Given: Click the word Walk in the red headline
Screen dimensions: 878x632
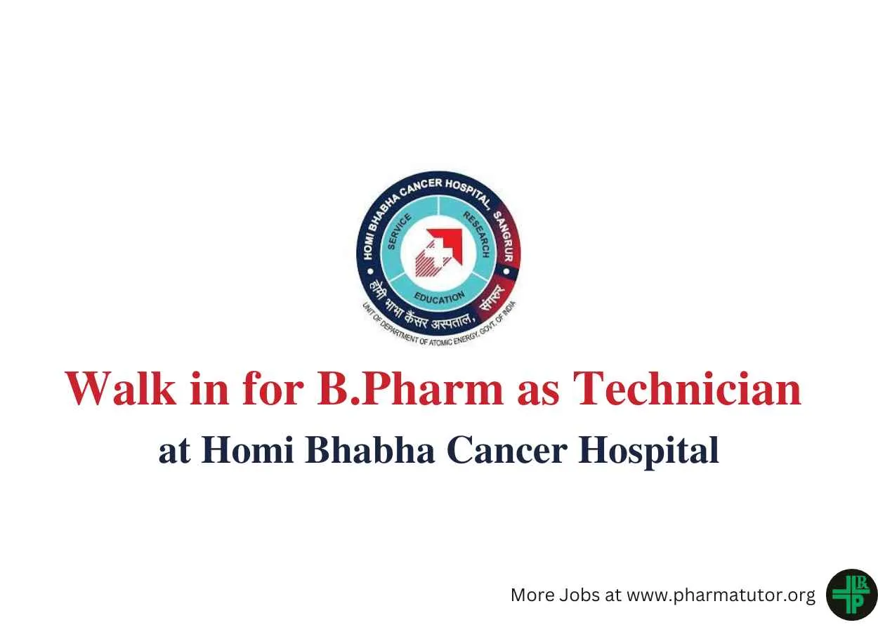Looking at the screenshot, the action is tap(121, 388).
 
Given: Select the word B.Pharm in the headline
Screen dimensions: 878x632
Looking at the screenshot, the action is tap(410, 388).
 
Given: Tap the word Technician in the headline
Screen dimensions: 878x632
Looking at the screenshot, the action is tap(687, 388).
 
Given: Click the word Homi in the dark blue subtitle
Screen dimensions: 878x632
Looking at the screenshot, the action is tap(247, 450).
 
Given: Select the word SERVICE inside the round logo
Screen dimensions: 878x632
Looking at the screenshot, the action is tap(399, 231).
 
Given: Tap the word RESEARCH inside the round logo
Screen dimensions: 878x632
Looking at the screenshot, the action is tap(476, 235).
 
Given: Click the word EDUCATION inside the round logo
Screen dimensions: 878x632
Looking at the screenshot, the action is tap(440, 298).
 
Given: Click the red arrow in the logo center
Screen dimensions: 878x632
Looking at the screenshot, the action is tap(447, 244).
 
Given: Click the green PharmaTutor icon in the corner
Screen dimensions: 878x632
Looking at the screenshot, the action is tap(852, 595).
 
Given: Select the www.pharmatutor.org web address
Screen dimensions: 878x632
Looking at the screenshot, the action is tap(721, 595).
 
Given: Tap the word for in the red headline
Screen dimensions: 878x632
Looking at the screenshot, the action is tap(273, 388).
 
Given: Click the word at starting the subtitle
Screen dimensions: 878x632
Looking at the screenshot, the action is tap(174, 452).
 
